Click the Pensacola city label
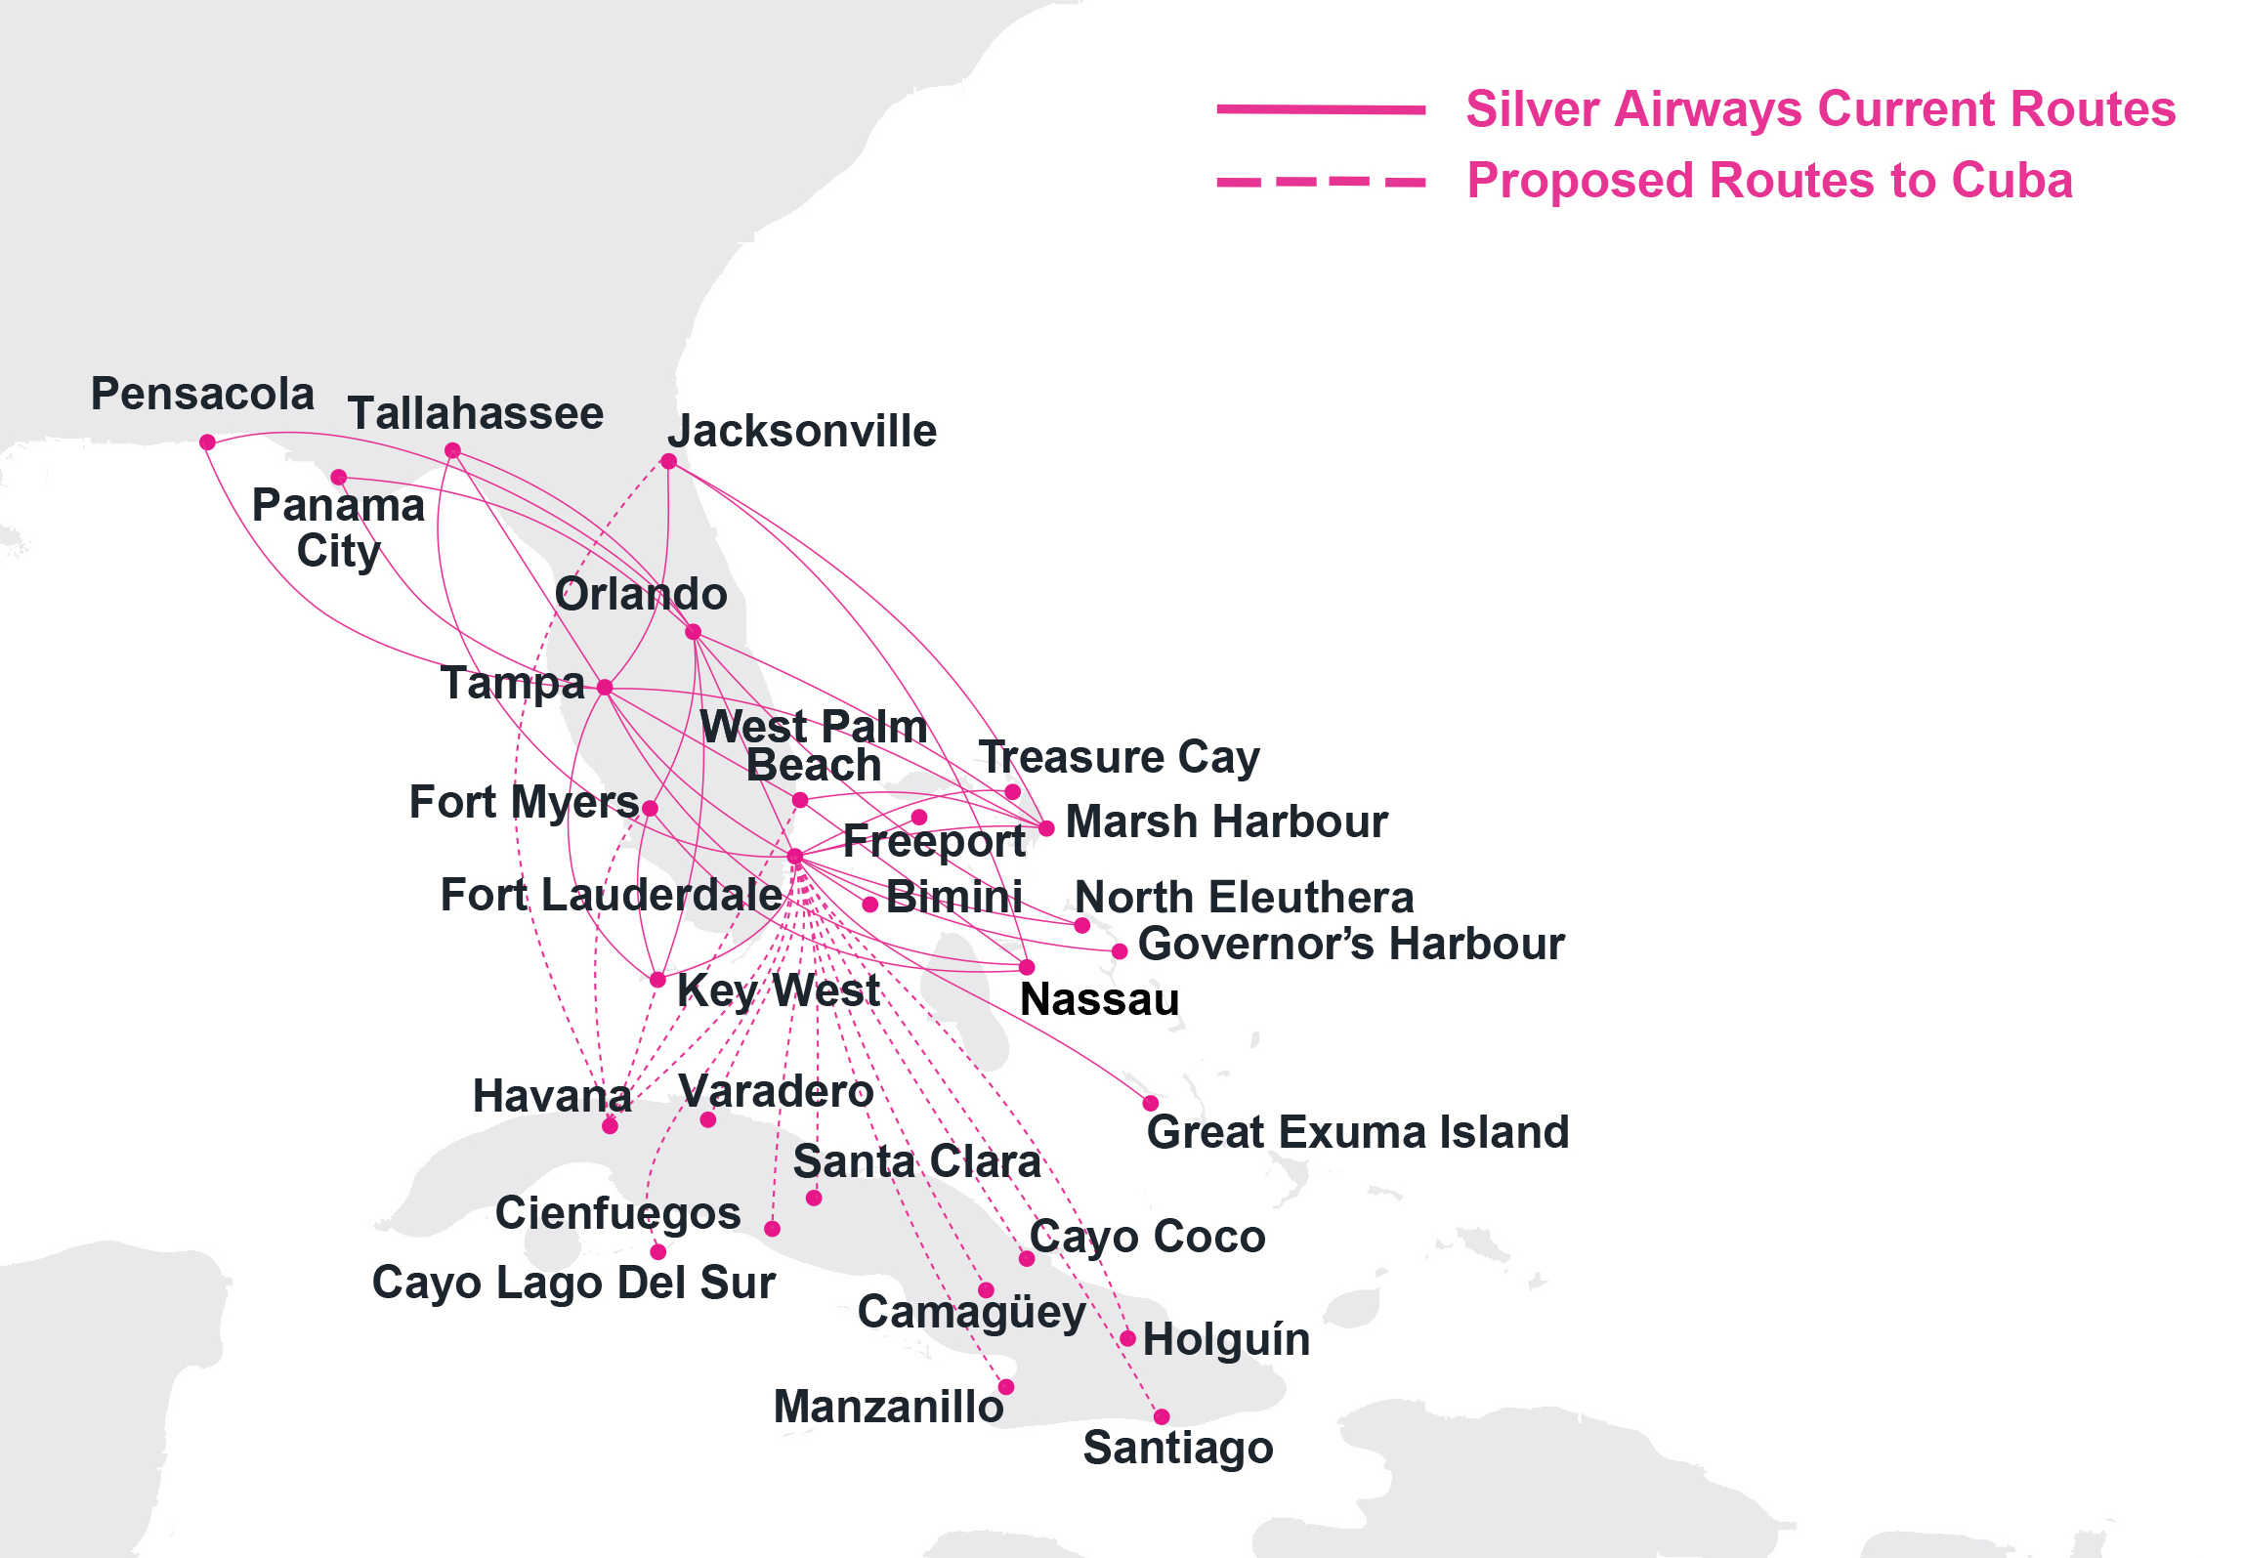coord(202,395)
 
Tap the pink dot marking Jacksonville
coord(668,461)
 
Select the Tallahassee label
coord(476,414)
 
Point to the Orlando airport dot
coord(693,632)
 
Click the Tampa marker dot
coord(605,688)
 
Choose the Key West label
coord(778,990)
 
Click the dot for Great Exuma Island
coord(1151,1104)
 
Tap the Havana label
coord(552,1096)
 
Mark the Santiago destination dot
coord(1162,1416)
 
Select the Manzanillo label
coord(888,1408)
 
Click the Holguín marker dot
coord(1127,1338)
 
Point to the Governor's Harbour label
coord(1351,945)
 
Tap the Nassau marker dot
coord(1027,967)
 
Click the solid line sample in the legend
coord(1320,109)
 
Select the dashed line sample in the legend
coord(1320,182)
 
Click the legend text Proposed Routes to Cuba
coord(1769,182)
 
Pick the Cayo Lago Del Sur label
coord(573,1284)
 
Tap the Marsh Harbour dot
coord(1046,828)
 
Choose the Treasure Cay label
coord(1120,758)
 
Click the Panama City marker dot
coord(338,478)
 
